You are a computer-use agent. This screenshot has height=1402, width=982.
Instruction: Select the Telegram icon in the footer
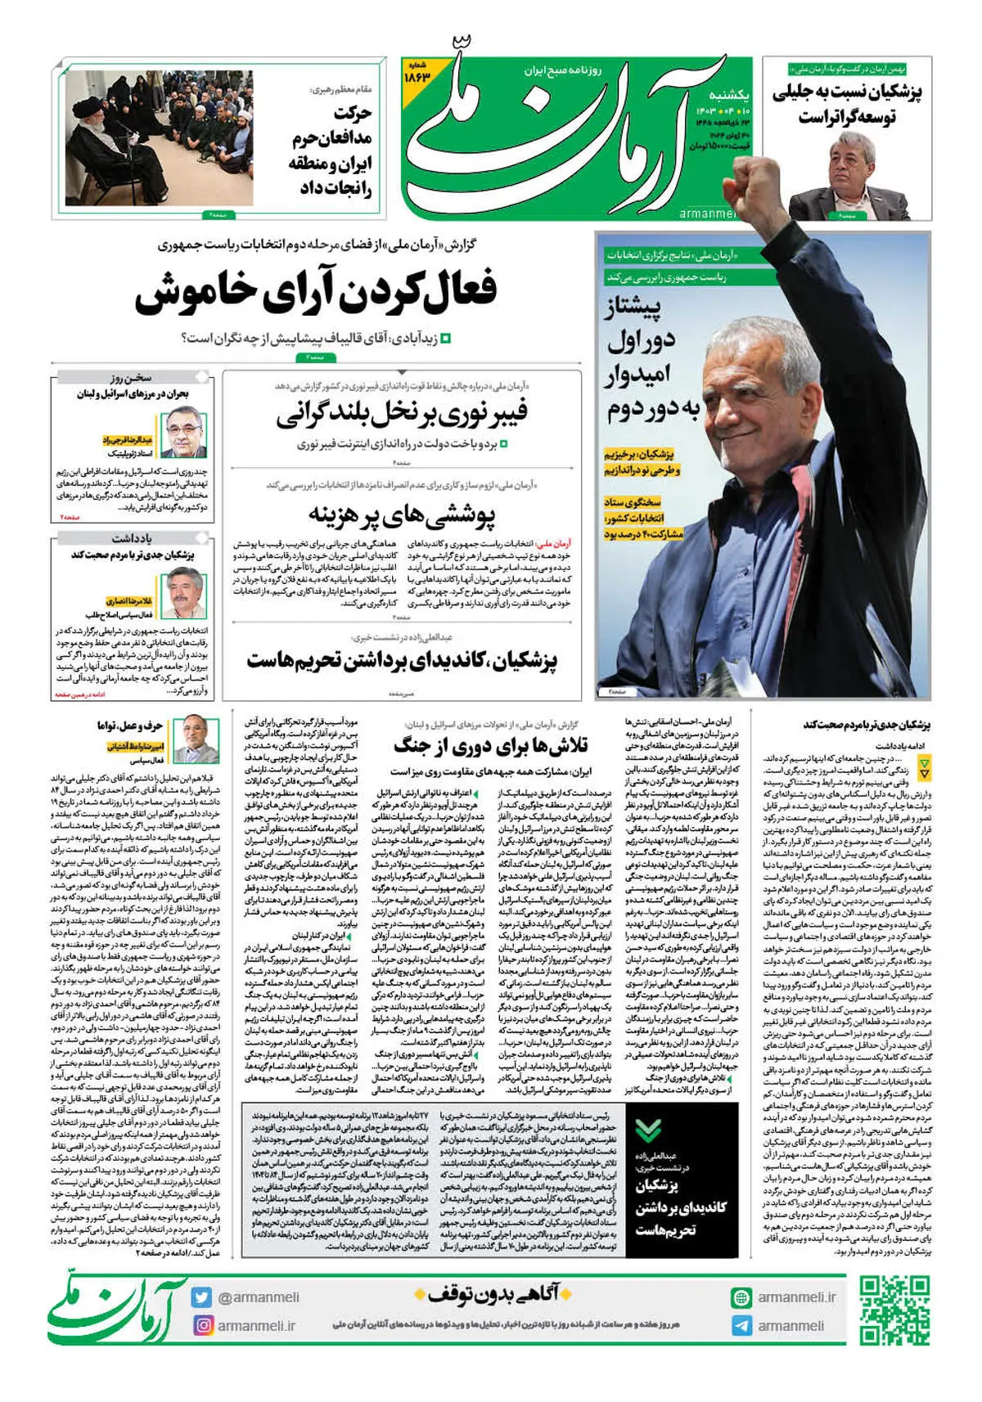741,1326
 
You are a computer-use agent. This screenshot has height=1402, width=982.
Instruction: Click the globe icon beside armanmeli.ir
741,1297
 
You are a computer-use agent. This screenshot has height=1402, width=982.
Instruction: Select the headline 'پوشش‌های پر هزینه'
402,515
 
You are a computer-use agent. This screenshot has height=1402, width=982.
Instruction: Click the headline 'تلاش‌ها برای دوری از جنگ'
491,745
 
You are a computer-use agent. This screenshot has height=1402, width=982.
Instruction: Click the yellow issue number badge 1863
416,74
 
